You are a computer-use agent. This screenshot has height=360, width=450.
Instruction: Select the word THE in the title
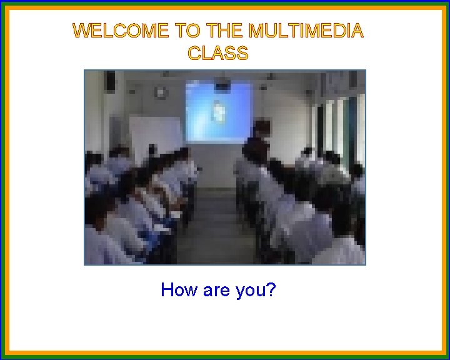coord(225,31)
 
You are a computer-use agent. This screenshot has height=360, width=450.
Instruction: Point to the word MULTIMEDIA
coord(305,31)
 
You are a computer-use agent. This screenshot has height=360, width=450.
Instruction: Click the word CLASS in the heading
coord(218,53)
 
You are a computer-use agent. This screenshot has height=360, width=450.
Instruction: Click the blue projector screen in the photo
coord(218,111)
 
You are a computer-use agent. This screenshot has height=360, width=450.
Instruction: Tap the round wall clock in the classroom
coord(162,92)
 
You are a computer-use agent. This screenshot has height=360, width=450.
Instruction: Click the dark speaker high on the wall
coord(111,81)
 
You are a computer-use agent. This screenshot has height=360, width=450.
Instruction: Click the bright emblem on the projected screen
coord(219,111)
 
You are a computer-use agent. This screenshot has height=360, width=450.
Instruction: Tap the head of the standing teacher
coord(261,127)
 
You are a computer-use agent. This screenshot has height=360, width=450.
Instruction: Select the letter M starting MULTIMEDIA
coord(257,31)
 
